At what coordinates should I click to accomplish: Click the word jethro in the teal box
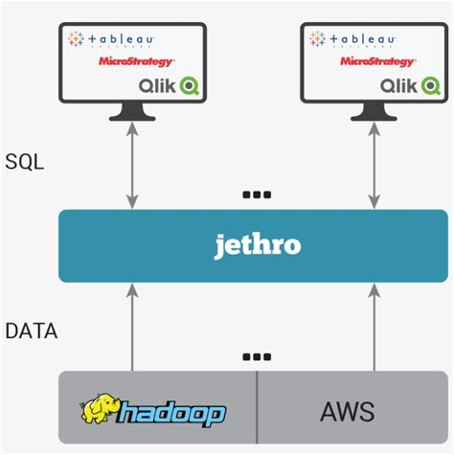point(258,246)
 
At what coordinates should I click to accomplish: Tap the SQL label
point(25,162)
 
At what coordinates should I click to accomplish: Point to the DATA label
point(32,330)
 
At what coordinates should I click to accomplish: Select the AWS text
point(348,412)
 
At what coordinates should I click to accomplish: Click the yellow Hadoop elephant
point(99,409)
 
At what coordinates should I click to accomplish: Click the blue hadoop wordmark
point(170,414)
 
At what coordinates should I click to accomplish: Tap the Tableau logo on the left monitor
point(111,39)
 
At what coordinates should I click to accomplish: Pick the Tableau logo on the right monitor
point(352,39)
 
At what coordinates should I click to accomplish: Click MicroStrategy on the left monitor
point(136,61)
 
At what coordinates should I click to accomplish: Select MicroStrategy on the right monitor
point(377,61)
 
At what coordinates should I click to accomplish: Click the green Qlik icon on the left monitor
point(190,85)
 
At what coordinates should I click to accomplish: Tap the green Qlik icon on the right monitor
point(431,85)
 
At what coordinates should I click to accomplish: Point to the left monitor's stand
point(132,112)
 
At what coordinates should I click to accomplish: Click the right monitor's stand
point(374,112)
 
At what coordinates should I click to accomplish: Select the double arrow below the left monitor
point(132,166)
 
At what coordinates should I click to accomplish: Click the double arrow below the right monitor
point(375,166)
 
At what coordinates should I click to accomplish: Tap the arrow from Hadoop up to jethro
point(132,328)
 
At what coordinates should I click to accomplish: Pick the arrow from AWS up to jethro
point(375,328)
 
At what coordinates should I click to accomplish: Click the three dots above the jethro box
point(257,194)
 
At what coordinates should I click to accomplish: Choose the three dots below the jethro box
point(257,356)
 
